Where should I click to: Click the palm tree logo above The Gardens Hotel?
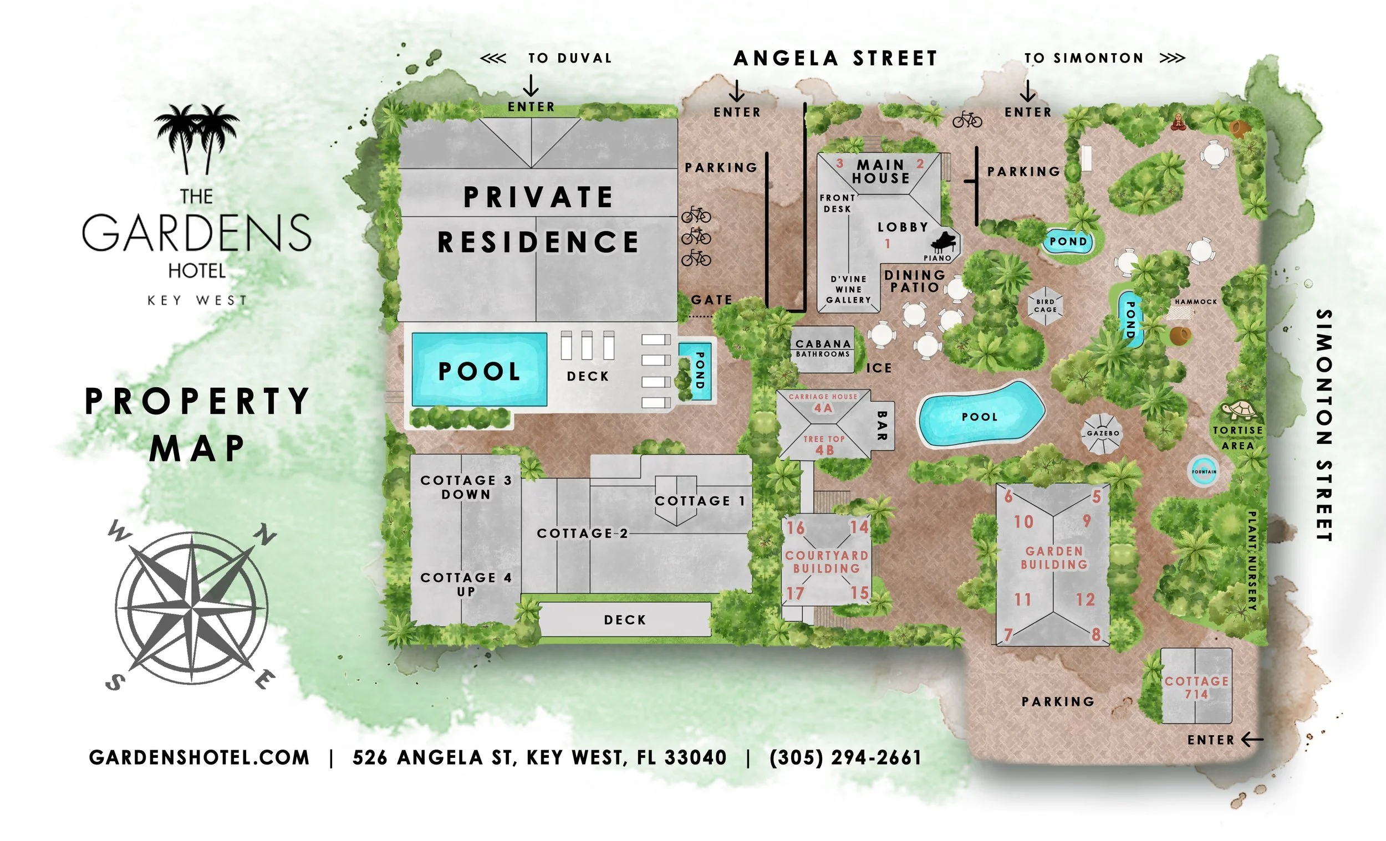point(197,138)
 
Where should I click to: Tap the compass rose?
point(192,608)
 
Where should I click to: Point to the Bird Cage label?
point(1045,306)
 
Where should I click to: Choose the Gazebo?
point(1103,433)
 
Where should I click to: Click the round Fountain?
point(1204,471)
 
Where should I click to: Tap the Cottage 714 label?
point(1196,687)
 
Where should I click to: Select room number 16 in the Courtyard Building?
point(796,528)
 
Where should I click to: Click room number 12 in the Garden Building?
point(1086,599)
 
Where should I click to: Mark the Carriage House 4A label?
point(823,403)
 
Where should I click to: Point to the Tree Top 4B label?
point(824,445)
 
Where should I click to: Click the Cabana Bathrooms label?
point(823,348)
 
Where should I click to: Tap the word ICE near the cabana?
point(879,368)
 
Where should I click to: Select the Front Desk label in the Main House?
point(838,203)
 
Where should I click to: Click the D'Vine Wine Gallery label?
point(849,290)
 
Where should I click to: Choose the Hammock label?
point(1196,302)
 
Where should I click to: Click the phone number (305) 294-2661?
point(845,757)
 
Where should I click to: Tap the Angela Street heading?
point(835,59)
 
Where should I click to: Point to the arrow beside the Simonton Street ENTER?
point(1252,739)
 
